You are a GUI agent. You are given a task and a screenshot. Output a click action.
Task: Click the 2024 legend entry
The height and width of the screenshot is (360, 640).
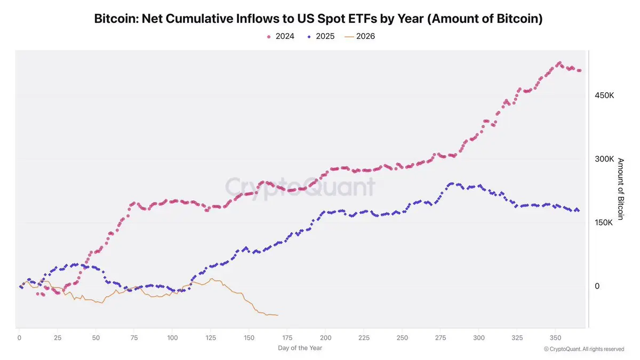point(281,36)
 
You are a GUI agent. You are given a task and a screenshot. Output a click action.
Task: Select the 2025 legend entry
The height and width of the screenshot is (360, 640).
point(321,36)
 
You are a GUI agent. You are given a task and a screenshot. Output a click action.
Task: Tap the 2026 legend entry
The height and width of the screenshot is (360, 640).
point(359,36)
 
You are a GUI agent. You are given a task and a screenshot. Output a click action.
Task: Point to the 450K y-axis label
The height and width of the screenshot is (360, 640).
point(604,95)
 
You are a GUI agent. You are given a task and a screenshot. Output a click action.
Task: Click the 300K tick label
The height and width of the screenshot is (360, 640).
point(604,159)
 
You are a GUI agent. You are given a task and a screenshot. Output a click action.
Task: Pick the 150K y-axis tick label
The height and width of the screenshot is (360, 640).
point(604,222)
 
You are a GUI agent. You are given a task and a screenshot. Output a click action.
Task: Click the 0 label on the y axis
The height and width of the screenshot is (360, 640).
point(597,286)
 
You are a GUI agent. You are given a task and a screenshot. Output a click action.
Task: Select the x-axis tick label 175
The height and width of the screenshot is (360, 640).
point(287,338)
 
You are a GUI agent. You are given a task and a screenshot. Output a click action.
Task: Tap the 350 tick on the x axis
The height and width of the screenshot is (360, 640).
point(555,338)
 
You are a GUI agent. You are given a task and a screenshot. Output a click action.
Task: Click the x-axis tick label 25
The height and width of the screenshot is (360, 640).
point(58,338)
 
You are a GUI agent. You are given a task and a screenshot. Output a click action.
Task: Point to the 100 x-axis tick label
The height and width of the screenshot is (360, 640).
point(172,338)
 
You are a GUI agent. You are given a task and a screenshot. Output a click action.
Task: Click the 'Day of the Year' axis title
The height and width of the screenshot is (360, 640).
point(300,348)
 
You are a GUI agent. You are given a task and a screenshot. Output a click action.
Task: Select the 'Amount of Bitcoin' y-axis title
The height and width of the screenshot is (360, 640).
point(620,189)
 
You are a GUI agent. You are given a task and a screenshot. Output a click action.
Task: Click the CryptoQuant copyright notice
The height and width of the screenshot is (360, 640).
point(584,349)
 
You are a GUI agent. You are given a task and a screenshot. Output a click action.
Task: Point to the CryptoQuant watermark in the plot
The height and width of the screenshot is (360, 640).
point(300,187)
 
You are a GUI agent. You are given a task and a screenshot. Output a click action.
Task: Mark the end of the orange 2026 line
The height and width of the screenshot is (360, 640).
point(278,315)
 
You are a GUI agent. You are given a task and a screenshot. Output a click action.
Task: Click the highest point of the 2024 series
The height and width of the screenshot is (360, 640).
point(559,63)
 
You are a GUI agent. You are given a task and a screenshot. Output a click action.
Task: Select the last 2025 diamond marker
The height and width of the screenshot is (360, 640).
point(579,211)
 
